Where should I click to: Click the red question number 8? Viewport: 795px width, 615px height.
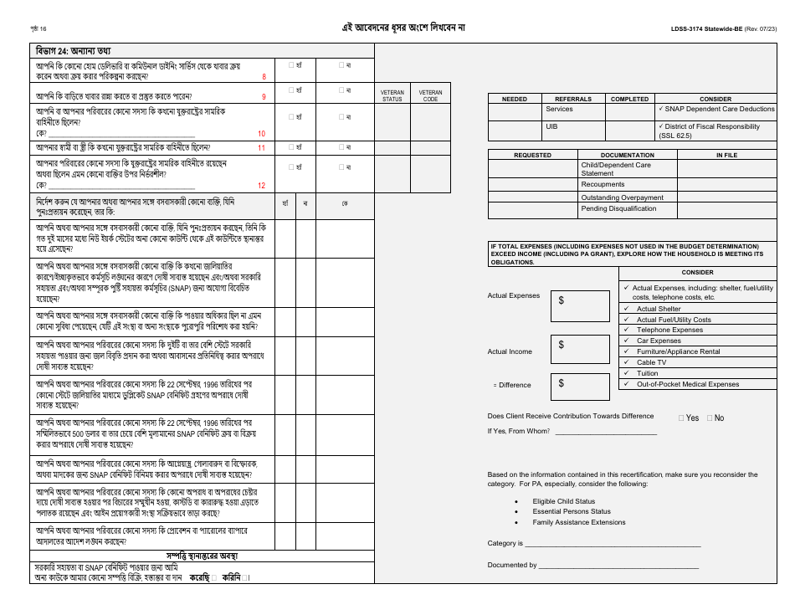264,77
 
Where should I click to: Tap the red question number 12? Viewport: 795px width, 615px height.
261,186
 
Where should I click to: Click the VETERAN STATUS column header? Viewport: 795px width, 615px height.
392,95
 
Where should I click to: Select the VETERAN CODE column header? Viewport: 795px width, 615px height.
430,95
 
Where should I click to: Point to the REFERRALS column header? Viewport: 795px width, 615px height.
573,99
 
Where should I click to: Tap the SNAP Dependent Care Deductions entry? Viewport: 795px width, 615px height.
716,109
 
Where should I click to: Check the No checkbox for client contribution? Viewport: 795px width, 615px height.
710,418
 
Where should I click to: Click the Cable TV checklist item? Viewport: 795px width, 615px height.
651,362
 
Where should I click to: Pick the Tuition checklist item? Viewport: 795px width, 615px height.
647,373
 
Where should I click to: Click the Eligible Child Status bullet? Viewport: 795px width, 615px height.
564,501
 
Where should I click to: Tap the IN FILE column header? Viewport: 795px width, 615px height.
726,155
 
